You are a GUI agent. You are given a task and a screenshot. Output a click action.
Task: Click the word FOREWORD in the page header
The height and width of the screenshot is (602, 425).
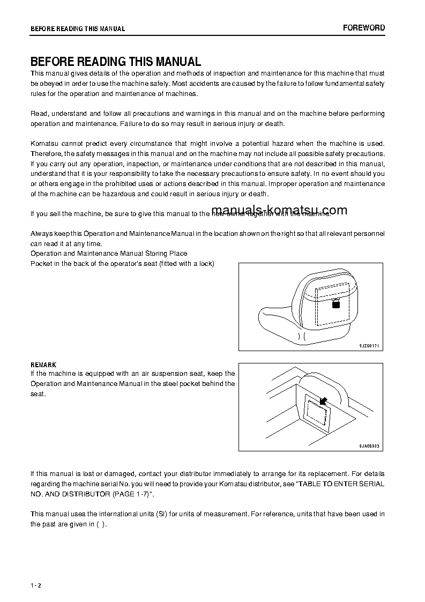[364, 28]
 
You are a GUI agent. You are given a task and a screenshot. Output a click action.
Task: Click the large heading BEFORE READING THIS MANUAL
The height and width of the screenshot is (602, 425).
[116, 62]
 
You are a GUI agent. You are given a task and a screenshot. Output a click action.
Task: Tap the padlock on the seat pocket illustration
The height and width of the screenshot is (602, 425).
[336, 304]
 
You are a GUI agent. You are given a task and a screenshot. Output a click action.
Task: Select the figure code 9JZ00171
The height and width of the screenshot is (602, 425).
[369, 346]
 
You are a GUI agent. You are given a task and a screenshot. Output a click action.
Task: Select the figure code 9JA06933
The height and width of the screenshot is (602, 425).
[369, 446]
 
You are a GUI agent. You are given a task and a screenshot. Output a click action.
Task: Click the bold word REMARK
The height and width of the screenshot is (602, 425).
[43, 365]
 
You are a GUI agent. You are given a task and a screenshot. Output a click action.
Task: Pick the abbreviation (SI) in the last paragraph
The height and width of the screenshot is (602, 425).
[162, 514]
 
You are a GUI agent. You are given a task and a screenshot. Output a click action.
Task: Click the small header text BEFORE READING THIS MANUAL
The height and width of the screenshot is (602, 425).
[78, 28]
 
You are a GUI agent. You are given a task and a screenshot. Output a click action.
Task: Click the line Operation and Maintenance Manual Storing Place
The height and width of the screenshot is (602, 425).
[109, 253]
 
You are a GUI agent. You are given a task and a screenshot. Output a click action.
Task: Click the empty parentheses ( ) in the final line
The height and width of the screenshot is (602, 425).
[101, 524]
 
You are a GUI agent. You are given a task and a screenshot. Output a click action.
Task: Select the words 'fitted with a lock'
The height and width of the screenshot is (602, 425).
[187, 263]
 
